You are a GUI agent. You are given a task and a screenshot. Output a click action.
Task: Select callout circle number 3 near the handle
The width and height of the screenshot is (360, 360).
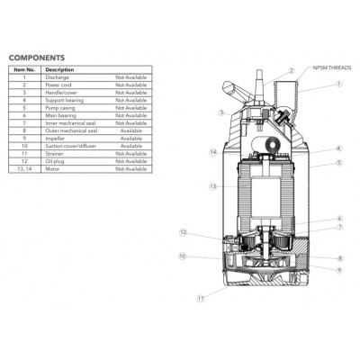tap(220, 113)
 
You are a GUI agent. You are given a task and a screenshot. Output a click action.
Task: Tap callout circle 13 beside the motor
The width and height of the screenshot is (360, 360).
tap(212, 187)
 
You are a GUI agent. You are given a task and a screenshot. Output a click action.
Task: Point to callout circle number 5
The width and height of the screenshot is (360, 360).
tap(338, 163)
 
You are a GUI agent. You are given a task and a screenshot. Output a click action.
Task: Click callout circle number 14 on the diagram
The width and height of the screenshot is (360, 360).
tap(213, 153)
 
